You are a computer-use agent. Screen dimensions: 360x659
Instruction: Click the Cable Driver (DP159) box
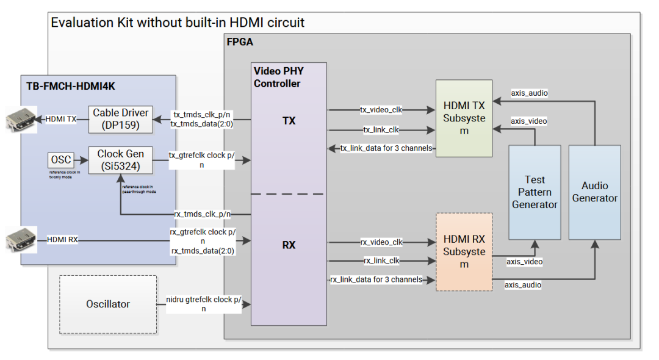(120, 119)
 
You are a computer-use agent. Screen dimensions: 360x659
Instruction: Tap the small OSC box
(60, 160)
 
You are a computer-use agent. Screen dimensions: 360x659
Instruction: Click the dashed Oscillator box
(107, 304)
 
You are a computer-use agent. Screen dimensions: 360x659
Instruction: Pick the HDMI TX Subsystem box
(464, 118)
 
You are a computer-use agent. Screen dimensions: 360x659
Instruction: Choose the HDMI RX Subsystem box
(464, 251)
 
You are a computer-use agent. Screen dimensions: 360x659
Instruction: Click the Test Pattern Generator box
(535, 192)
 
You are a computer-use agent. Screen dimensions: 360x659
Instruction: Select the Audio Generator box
(594, 192)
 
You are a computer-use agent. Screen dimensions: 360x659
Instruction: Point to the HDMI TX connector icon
(19, 120)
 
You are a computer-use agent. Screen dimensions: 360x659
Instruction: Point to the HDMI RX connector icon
(19, 240)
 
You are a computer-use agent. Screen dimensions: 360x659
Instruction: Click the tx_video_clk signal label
(381, 110)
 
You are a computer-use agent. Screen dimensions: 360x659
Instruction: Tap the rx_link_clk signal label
(381, 261)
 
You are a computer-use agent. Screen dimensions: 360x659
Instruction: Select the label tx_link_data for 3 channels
(386, 148)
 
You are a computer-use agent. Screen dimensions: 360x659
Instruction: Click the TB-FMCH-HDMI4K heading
(71, 87)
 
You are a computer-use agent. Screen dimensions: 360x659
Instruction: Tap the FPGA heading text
(240, 43)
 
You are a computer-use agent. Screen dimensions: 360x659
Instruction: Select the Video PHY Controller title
(278, 77)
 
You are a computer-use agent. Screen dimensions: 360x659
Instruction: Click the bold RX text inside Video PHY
(289, 245)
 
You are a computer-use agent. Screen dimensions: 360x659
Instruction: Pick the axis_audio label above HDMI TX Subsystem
(529, 93)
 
